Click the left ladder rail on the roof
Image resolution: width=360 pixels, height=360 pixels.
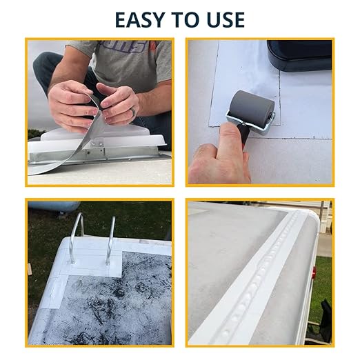[77, 239]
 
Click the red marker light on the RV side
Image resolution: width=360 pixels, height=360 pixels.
[314, 271]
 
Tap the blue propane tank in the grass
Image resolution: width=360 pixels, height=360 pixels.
[53, 206]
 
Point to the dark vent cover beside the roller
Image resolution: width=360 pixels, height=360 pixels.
[299, 54]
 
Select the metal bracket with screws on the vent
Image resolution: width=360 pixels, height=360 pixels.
[95, 150]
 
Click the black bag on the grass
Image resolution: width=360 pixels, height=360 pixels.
[326, 319]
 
